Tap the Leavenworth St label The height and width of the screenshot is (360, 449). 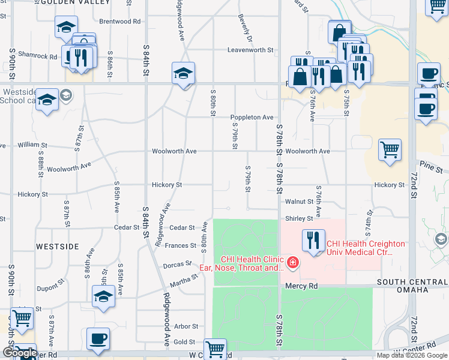click(x=250, y=50)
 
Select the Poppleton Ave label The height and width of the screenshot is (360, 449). click(x=252, y=118)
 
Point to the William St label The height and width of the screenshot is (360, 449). click(x=32, y=145)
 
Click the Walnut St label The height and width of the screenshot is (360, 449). click(x=300, y=202)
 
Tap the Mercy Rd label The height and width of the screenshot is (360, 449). click(x=301, y=286)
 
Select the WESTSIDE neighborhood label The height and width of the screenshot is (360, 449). click(x=58, y=247)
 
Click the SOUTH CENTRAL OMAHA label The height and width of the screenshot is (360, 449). click(x=411, y=286)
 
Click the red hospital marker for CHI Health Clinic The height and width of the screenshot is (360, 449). click(x=292, y=262)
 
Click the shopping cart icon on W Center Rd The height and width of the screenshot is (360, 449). click(x=215, y=348)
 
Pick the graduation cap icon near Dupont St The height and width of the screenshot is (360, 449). click(x=103, y=296)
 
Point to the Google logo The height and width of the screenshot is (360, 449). click(x=20, y=353)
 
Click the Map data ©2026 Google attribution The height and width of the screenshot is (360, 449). click(x=411, y=355)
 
